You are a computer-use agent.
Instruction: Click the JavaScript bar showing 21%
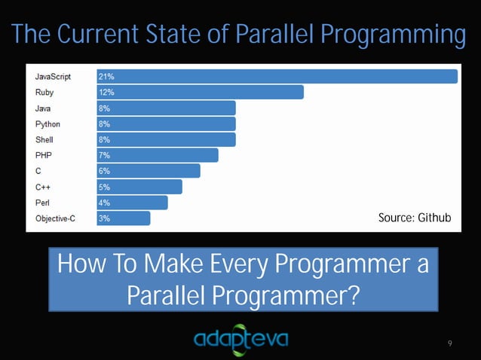click(277, 76)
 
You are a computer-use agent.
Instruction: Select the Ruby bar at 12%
click(200, 92)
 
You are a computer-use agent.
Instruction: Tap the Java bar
click(166, 108)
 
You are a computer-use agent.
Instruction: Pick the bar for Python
click(166, 124)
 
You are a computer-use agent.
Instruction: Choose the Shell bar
click(166, 139)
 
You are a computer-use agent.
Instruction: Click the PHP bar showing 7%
click(157, 155)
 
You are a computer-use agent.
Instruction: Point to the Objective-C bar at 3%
click(123, 218)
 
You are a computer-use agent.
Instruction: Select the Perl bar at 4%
click(132, 203)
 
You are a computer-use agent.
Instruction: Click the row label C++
click(44, 187)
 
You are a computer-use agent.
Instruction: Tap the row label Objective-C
click(55, 218)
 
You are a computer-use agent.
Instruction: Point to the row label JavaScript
click(53, 76)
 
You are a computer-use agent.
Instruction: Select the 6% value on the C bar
click(104, 171)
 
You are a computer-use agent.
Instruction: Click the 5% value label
click(104, 187)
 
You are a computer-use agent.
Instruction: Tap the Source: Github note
click(414, 218)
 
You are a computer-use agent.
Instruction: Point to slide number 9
click(449, 343)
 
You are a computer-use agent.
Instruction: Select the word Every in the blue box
click(231, 265)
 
